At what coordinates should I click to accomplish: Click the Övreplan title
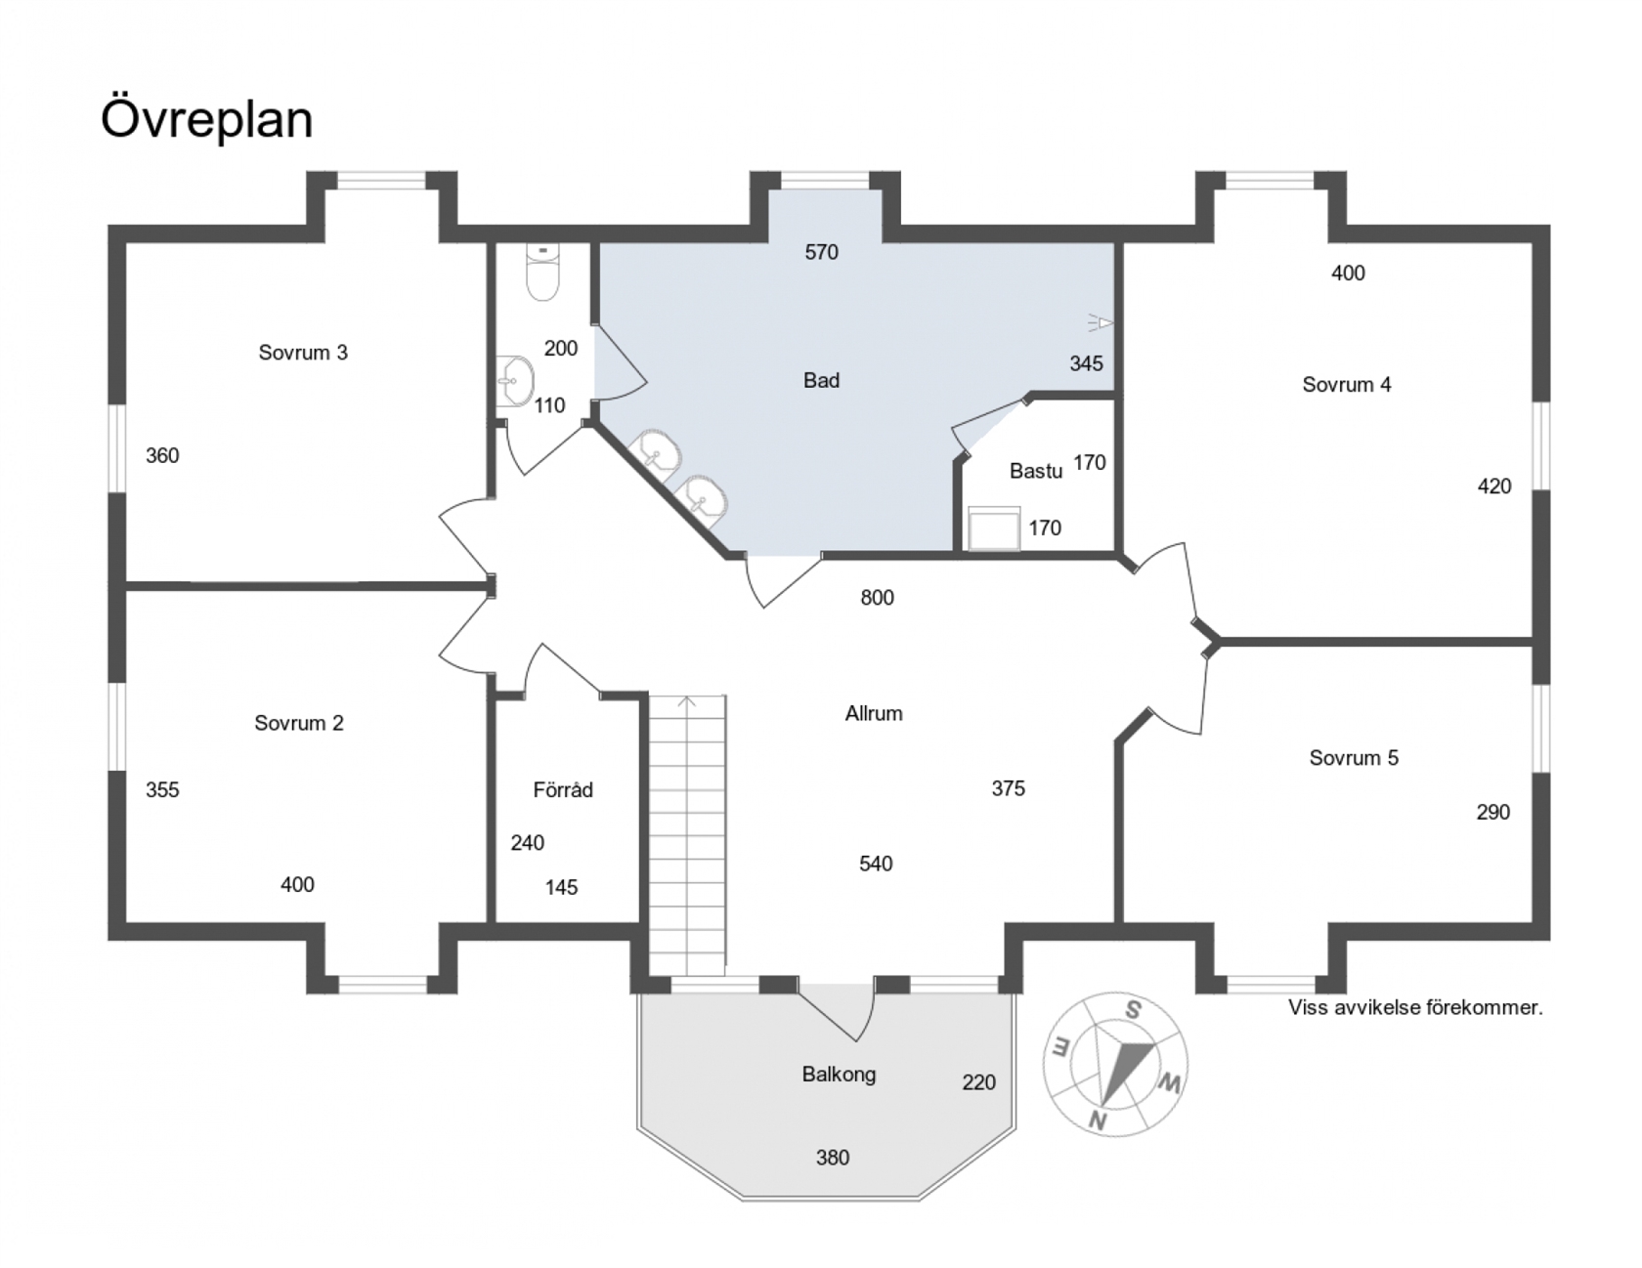(x=206, y=119)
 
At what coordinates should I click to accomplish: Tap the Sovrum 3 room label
(x=303, y=353)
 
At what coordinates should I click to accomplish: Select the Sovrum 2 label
(x=299, y=723)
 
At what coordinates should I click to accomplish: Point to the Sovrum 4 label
(x=1347, y=385)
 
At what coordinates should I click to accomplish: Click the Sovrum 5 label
(x=1354, y=758)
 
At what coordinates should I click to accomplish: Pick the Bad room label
(x=822, y=381)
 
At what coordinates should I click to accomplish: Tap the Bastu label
(x=1036, y=471)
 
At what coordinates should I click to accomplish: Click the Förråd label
(x=563, y=789)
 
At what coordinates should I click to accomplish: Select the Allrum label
(x=874, y=714)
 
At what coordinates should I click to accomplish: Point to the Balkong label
(x=839, y=1075)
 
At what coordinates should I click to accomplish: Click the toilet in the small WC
(x=543, y=272)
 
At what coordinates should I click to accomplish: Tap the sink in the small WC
(x=515, y=381)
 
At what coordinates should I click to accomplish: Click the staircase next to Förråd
(x=687, y=835)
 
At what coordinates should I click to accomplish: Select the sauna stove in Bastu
(x=994, y=528)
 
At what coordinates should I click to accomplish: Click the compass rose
(x=1117, y=1064)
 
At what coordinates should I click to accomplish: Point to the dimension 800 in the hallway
(x=878, y=598)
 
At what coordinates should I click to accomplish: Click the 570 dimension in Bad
(x=822, y=252)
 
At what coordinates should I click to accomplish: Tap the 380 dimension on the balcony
(x=833, y=1158)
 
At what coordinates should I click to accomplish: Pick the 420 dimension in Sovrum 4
(x=1494, y=486)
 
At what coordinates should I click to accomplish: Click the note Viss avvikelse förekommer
(x=1415, y=1007)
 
